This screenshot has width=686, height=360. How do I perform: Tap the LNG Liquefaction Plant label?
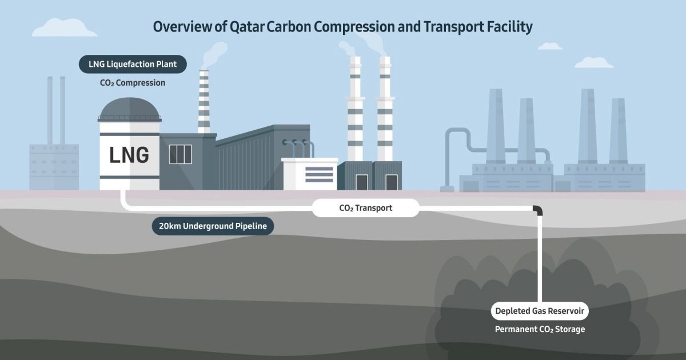133,64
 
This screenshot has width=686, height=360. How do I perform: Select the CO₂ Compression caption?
133,83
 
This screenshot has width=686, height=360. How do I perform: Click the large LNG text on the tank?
129,155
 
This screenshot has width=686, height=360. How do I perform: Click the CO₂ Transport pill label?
365,208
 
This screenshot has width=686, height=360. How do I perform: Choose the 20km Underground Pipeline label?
213,226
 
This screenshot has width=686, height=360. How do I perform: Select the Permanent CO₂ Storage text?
540,329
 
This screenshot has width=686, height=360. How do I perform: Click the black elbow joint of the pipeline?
537,210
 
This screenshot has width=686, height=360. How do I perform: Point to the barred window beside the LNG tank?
181,154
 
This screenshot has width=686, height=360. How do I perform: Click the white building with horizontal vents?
310,174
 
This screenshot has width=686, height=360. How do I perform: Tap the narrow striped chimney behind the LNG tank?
204,103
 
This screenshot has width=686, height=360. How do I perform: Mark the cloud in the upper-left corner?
65,27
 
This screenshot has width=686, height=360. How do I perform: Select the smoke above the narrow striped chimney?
212,54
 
